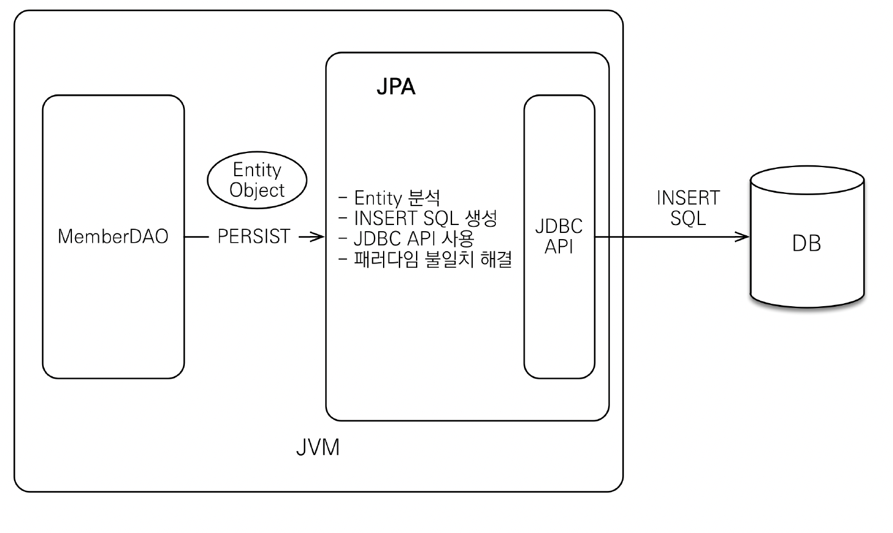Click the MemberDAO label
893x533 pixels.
(113, 237)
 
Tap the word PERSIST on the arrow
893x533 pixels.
(254, 237)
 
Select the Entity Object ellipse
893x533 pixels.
(257, 180)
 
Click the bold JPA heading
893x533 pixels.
(396, 87)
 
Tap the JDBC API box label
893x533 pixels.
(559, 236)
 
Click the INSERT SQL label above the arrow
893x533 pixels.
(688, 207)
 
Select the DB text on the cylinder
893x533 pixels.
(806, 244)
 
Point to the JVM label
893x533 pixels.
(318, 447)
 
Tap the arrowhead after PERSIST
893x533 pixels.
(318, 237)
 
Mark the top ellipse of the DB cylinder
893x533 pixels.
(807, 181)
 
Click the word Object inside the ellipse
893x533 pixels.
(257, 190)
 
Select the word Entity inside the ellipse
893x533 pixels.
(257, 170)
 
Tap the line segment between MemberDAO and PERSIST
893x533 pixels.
(196, 237)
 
